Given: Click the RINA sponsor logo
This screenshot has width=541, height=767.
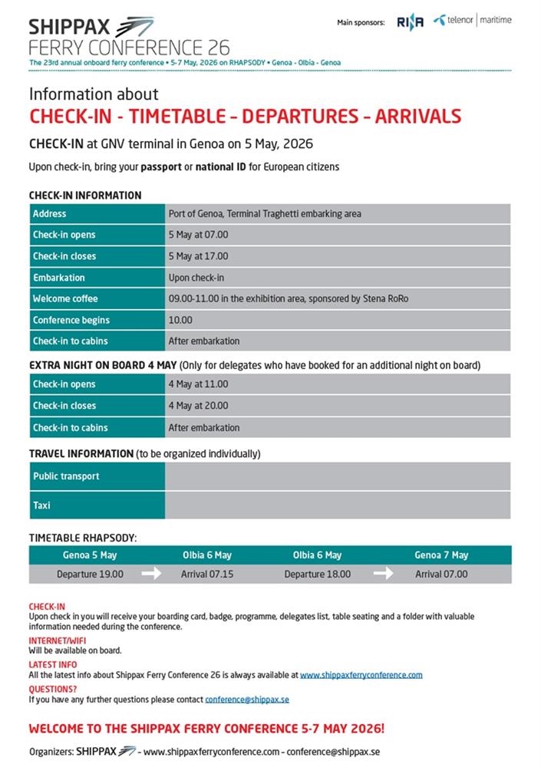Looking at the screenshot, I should point(410,22).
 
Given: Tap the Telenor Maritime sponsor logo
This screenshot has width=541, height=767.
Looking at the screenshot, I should point(472,21).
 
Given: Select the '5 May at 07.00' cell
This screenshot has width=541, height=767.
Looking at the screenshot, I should point(198,235).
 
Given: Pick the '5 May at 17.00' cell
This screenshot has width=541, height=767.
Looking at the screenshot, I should point(198,256).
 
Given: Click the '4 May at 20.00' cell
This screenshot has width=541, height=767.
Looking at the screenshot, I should point(198,406).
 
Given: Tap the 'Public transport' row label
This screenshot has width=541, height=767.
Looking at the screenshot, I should point(66,476).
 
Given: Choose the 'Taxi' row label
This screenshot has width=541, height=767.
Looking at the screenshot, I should point(41,505).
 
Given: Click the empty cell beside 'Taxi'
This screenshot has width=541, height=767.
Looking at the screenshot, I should point(338,505).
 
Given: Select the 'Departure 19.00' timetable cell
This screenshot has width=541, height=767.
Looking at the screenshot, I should point(90,574).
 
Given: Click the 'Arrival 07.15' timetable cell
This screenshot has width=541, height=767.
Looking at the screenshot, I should point(207,574).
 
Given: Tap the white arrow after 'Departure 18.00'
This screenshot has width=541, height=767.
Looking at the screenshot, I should point(383,574).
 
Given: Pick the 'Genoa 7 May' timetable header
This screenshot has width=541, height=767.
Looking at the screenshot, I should point(441,555).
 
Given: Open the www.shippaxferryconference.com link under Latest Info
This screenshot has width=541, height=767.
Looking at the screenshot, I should point(361,675).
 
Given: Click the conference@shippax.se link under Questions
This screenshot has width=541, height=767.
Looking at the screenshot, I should point(246,700).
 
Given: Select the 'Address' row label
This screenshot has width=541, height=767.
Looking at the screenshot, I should point(50,214).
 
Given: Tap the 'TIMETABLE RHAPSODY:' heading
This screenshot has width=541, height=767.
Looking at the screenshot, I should point(83,538).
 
